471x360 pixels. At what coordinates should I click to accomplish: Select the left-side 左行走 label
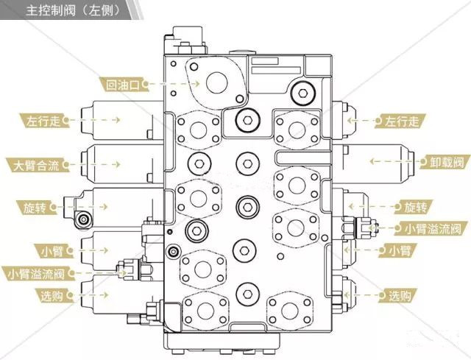click(42, 119)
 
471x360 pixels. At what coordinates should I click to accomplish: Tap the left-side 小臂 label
click(52, 250)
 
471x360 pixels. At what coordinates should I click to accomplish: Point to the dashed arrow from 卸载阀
click(391, 160)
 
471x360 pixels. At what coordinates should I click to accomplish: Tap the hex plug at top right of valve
click(301, 92)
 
